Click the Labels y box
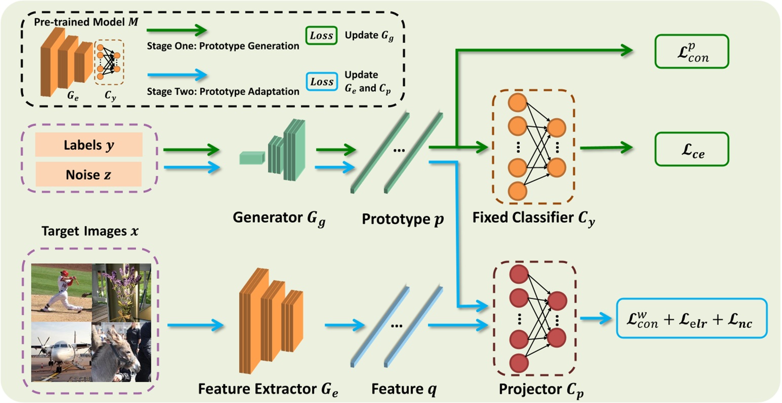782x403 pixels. coord(89,145)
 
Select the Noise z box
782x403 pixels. coord(89,175)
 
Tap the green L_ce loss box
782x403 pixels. coord(691,149)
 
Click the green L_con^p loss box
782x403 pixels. coord(691,52)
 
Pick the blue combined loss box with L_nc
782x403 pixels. coord(691,318)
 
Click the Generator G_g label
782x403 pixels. coord(279,218)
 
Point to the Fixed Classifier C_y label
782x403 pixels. coord(533,218)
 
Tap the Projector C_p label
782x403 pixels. coord(541,390)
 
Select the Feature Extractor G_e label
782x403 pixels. coord(268,390)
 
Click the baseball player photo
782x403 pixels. coord(61,293)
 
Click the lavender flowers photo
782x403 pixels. coord(121,293)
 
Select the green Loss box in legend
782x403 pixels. coord(321,35)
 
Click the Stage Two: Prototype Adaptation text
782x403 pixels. coord(223,91)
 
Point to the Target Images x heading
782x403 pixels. coord(90,231)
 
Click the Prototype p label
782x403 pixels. coord(402,219)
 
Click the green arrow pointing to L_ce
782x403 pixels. coord(606,148)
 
